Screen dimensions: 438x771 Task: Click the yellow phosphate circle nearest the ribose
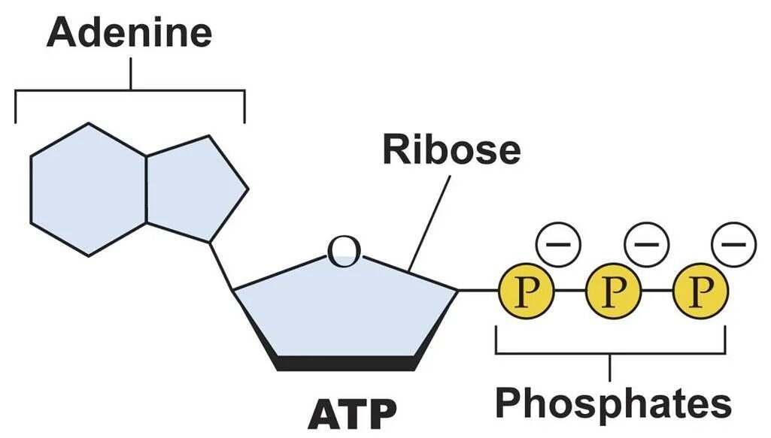click(526, 290)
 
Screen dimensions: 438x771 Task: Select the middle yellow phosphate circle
click(613, 290)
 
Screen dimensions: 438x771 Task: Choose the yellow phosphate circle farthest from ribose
click(700, 290)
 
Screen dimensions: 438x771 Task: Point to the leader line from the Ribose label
click(430, 222)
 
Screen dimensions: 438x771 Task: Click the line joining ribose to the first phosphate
click(478, 290)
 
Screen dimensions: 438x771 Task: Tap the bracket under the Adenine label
click(130, 92)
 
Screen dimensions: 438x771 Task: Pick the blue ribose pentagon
click(346, 308)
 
